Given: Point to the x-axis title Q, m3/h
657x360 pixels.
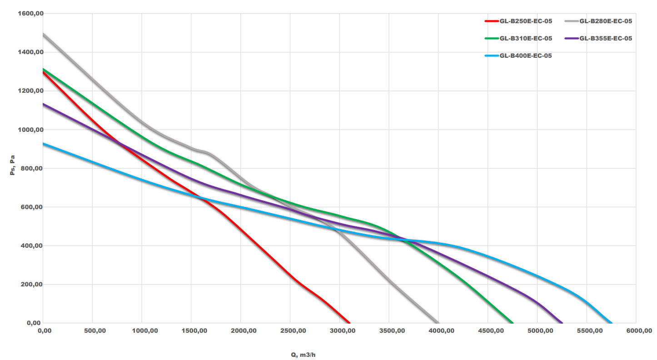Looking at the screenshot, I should (x=303, y=355).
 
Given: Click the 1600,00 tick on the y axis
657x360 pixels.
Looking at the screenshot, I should (x=30, y=14).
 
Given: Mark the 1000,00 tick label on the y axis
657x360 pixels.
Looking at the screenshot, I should (x=30, y=130).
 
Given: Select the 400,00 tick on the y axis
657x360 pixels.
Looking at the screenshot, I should (x=32, y=246).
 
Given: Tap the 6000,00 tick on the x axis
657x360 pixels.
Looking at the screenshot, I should (x=636, y=331).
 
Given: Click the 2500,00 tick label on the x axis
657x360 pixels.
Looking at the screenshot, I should (x=290, y=331).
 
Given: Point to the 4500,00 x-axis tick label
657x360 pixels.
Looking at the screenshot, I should (x=488, y=331).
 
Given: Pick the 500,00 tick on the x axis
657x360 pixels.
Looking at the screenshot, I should (x=93, y=331).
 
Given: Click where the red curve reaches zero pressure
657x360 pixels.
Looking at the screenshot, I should (x=349, y=323).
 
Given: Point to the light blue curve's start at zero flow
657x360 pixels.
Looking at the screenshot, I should (x=44, y=144).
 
